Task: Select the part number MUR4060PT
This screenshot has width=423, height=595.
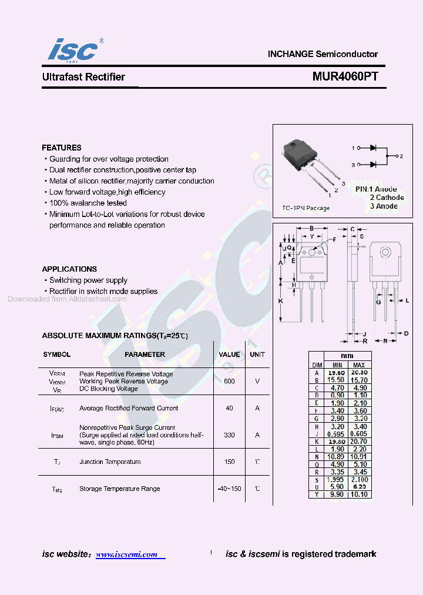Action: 345,77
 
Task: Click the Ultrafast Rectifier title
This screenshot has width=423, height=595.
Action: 83,77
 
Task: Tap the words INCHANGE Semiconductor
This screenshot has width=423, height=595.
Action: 323,54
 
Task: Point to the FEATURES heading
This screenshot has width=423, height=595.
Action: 62,148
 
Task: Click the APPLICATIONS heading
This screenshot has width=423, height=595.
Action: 69,269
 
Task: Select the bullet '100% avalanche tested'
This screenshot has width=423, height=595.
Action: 88,203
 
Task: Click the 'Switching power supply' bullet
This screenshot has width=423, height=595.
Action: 88,280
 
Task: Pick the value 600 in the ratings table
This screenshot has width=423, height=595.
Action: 229,381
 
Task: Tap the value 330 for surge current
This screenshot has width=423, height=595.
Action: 229,435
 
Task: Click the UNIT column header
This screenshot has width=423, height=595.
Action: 257,355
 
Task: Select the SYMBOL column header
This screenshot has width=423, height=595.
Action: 57,355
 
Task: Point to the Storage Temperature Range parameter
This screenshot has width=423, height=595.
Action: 120,489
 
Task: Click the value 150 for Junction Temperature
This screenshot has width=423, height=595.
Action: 229,462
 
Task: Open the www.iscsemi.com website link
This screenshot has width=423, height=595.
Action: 126,554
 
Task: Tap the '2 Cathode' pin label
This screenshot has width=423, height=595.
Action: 387,198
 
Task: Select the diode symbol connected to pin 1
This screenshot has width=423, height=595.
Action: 372,148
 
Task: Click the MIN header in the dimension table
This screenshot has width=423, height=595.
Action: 337,365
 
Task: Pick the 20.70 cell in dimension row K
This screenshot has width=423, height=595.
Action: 360,440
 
